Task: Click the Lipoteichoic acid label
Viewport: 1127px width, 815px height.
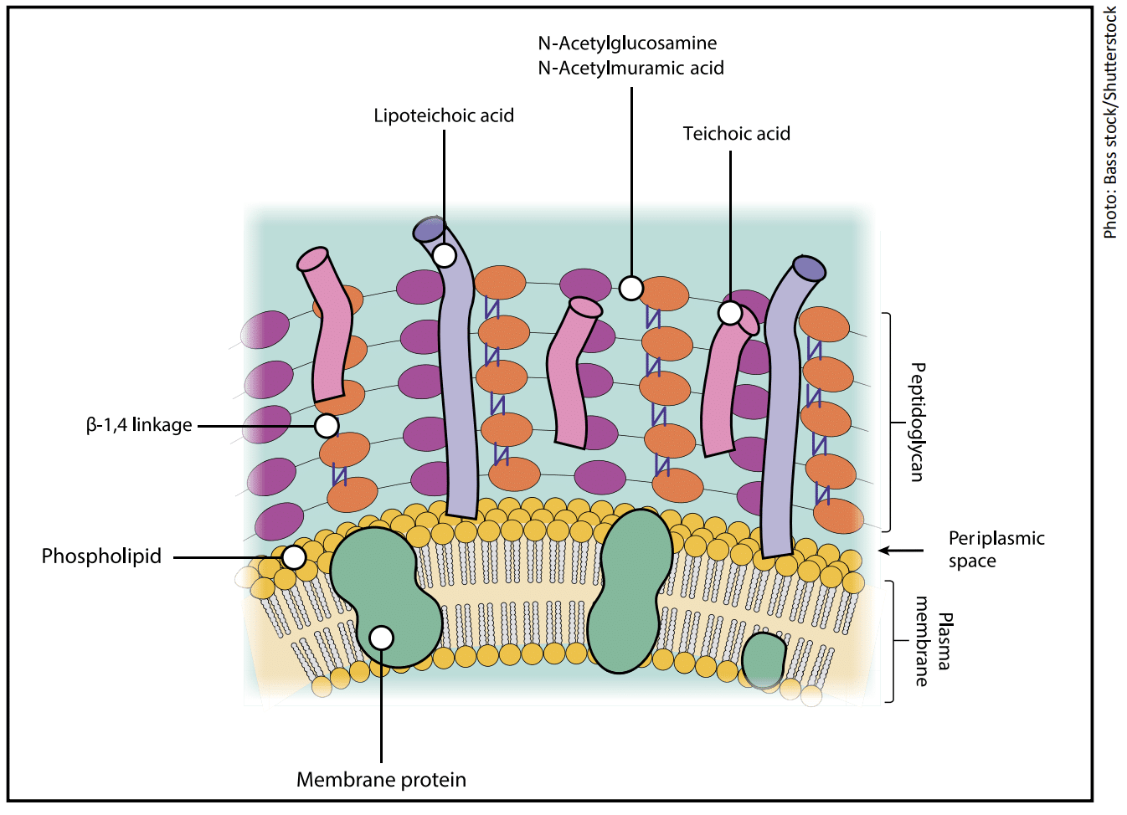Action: (x=444, y=115)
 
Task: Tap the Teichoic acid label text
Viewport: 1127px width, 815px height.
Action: (x=736, y=134)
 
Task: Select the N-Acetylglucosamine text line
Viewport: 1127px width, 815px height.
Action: (x=627, y=44)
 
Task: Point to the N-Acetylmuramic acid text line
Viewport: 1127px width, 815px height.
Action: (x=630, y=69)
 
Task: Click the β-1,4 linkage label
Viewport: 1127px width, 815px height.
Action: (x=139, y=425)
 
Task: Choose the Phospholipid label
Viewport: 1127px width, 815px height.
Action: (x=101, y=556)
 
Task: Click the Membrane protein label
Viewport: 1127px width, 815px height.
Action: (x=381, y=780)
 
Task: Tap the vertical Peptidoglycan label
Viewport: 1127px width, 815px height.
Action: (x=918, y=422)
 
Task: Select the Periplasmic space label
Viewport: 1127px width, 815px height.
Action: (x=996, y=549)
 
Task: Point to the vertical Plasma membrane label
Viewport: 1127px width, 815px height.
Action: (x=932, y=641)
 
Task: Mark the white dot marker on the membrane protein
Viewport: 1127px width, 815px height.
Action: (x=381, y=638)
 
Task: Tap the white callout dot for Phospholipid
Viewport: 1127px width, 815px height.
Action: (x=293, y=557)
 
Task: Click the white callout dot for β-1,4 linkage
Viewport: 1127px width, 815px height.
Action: (x=327, y=426)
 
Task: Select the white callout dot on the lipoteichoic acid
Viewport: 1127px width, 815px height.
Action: (x=444, y=255)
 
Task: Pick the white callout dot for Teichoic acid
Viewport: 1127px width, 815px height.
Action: (x=730, y=313)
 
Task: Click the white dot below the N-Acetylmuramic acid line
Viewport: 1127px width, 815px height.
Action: (x=631, y=288)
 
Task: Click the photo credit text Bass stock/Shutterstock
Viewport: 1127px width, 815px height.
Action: (x=1110, y=122)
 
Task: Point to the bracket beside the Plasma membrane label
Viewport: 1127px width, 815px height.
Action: (x=891, y=641)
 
